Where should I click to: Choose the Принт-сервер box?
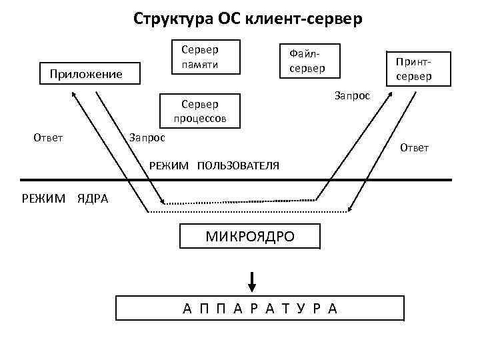[x=413, y=69]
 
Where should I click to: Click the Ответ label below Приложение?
[x=48, y=137]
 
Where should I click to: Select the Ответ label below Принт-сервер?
[x=414, y=147]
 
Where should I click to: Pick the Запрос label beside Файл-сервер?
[x=351, y=96]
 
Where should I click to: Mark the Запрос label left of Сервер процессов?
[x=147, y=137]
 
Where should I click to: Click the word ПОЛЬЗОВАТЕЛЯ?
[x=238, y=165]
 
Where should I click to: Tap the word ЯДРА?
[x=93, y=198]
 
